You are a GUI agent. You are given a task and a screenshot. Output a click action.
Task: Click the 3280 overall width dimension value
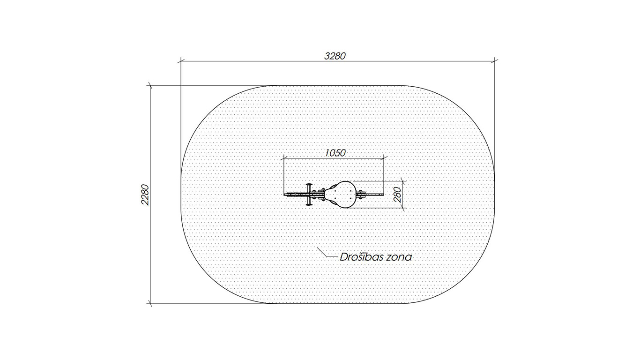[335, 56]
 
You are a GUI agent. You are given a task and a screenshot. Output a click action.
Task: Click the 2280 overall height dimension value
[145, 195]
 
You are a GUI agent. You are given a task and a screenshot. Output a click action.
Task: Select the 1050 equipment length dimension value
[335, 153]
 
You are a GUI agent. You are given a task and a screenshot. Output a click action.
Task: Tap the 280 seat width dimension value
[397, 195]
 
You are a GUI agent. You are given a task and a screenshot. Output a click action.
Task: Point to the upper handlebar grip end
[309, 184]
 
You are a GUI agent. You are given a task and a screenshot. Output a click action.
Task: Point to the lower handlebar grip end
[309, 204]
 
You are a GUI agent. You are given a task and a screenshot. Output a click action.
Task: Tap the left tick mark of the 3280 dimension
[181, 60]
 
